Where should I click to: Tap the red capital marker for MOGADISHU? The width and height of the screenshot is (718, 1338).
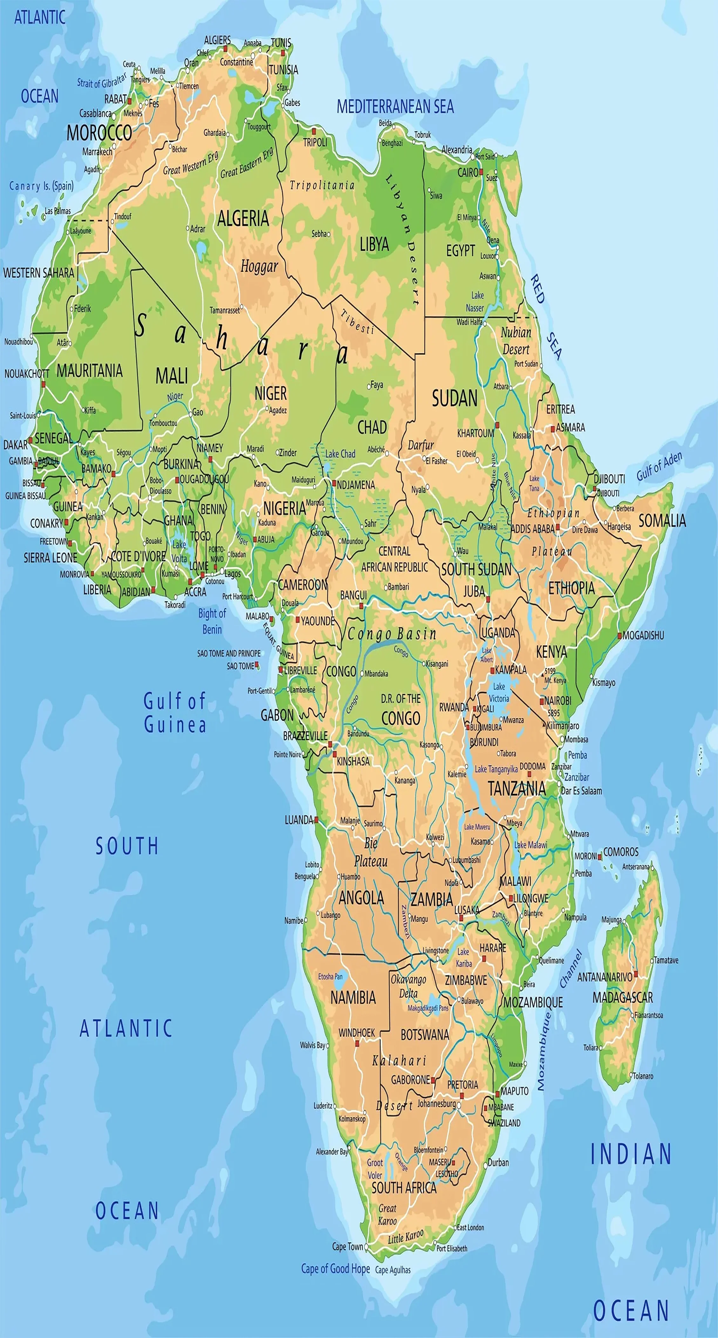pos(619,635)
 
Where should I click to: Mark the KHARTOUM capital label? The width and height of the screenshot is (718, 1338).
pos(475,433)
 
